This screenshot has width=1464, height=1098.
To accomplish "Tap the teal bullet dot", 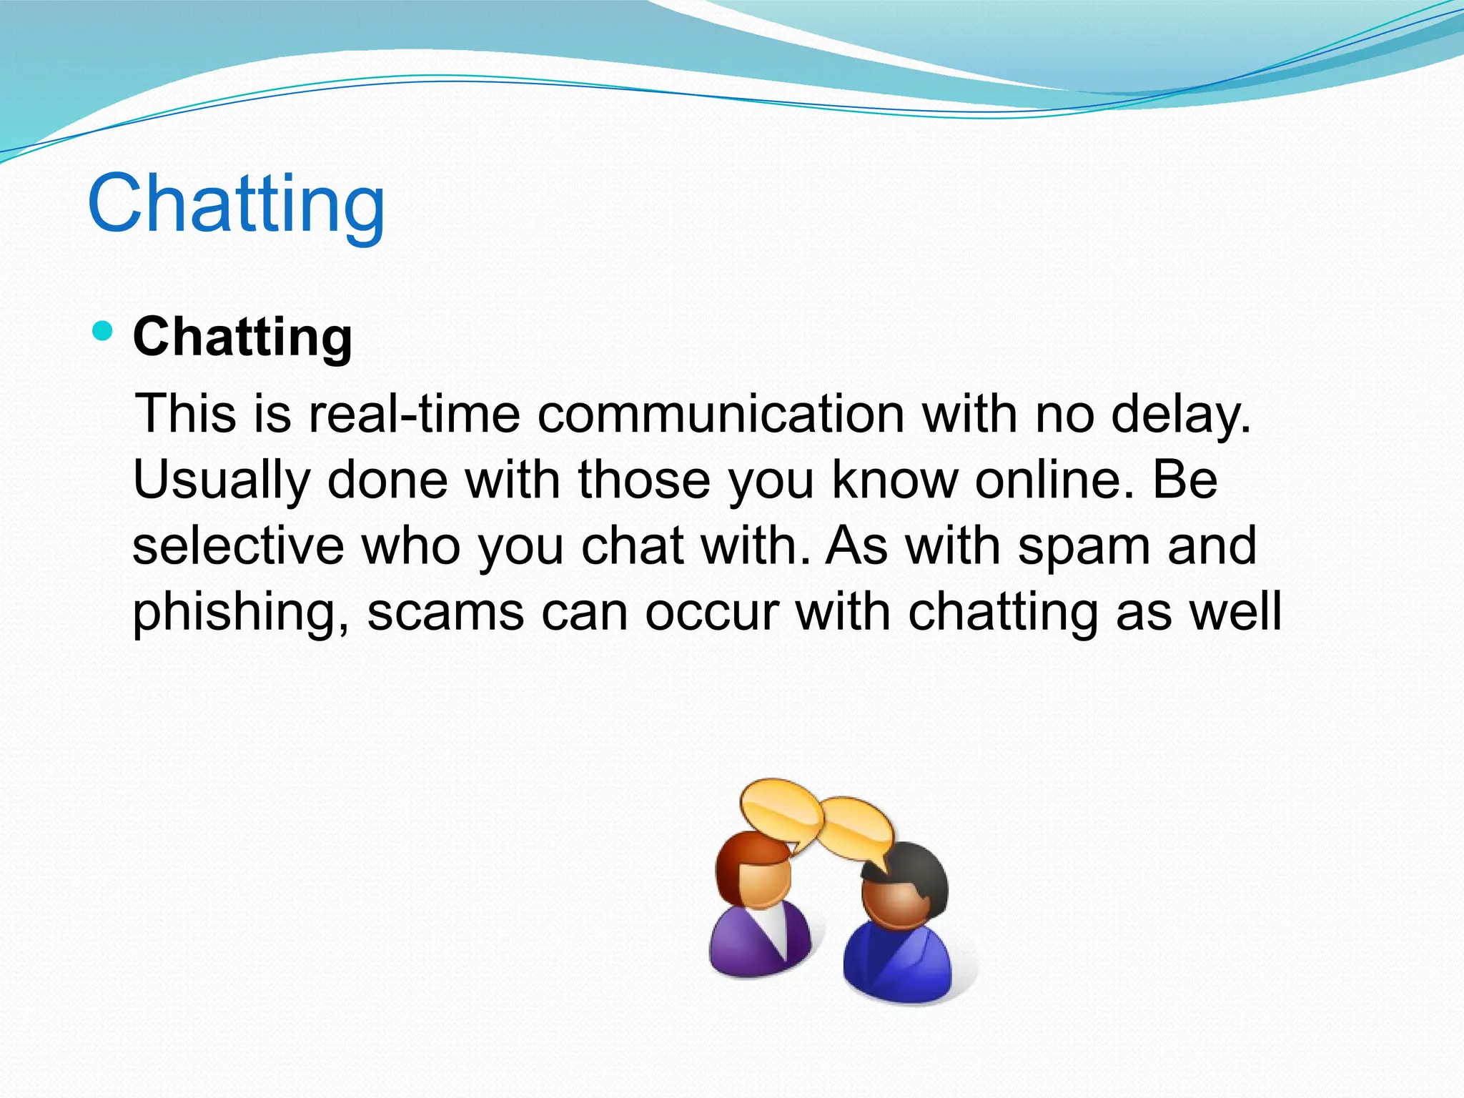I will click(104, 331).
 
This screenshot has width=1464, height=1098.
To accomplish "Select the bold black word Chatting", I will click(242, 337).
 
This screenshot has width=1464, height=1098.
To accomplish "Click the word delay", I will click(1179, 415).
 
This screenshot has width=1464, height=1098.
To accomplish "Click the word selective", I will click(238, 546).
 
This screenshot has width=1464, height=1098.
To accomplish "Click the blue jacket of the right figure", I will click(897, 965).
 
